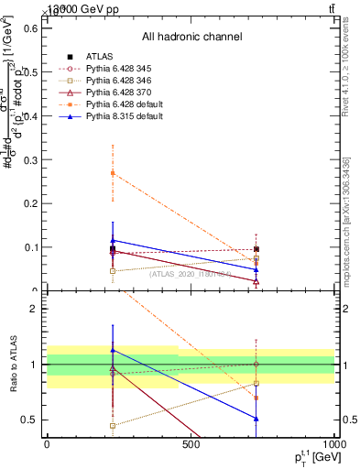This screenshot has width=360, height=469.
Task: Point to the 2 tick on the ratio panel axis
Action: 35,310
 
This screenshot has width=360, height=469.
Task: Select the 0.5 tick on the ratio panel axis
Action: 31,420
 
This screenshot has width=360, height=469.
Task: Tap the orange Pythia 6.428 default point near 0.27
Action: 113,173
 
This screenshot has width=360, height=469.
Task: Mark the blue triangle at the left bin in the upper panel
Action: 113,240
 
